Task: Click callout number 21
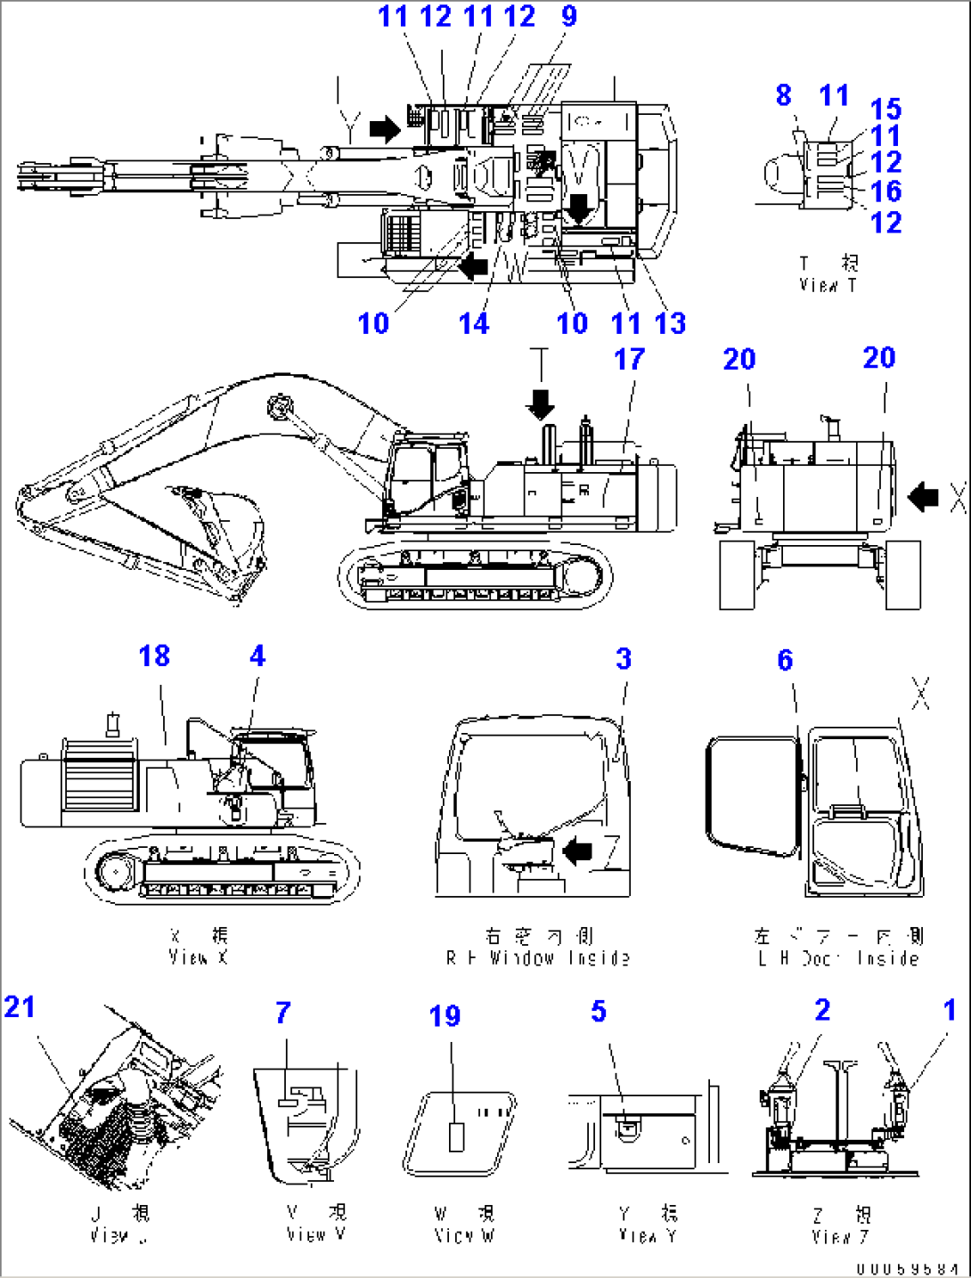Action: point(20,1007)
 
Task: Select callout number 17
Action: point(629,359)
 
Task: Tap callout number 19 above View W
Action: point(445,1016)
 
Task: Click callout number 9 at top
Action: point(569,16)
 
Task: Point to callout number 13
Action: point(670,322)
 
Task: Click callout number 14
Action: point(474,322)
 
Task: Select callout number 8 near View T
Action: point(783,95)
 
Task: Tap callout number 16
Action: point(885,191)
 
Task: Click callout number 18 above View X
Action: point(154,656)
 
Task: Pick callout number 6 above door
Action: point(785,660)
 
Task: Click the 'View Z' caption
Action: point(840,1225)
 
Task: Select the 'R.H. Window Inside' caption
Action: point(538,948)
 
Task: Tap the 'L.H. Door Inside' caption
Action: point(838,948)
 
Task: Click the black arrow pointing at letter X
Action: point(923,497)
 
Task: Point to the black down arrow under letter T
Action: point(541,406)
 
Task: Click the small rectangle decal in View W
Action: point(457,1137)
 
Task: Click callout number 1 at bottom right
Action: point(950,1010)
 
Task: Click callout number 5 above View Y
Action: point(599,1012)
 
